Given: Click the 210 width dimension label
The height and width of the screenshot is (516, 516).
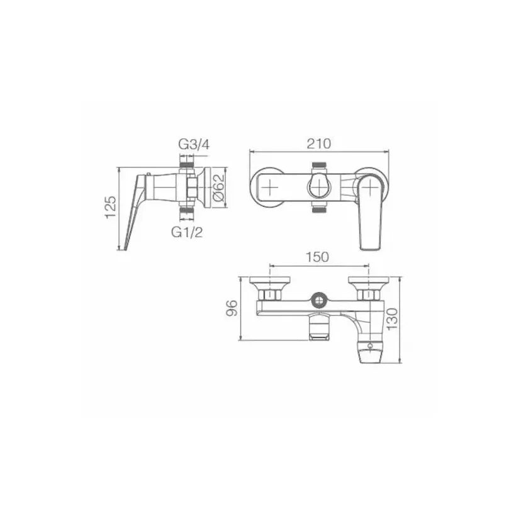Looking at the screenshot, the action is point(318,144).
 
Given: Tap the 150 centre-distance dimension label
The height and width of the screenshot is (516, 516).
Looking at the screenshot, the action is point(318,257).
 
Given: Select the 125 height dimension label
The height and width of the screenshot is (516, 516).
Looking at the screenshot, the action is point(111,207).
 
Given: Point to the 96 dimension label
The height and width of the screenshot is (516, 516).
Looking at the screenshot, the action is point(232,308).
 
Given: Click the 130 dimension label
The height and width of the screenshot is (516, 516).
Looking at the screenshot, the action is point(392,319).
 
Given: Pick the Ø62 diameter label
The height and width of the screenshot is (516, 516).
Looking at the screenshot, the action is point(218,188).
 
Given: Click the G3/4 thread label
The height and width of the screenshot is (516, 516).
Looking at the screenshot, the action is point(194,144).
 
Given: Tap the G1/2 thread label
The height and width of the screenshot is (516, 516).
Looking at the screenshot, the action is point(187,232).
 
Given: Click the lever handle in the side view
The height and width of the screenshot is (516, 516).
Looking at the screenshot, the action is point(135,211).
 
